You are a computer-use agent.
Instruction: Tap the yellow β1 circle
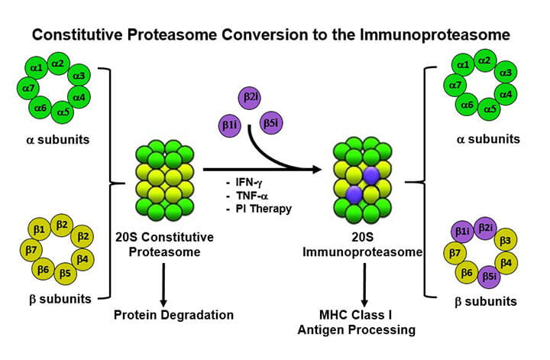pos(38,229)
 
